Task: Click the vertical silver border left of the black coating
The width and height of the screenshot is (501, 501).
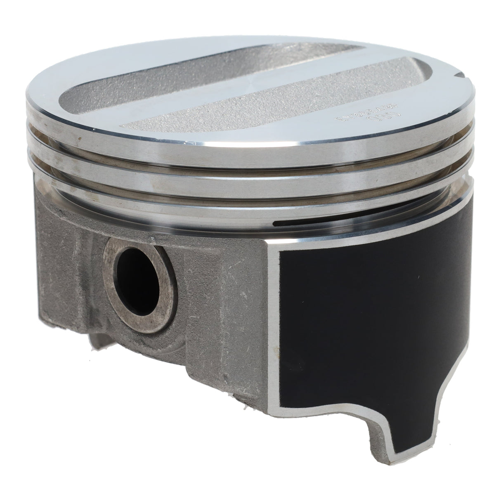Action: click(x=276, y=330)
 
